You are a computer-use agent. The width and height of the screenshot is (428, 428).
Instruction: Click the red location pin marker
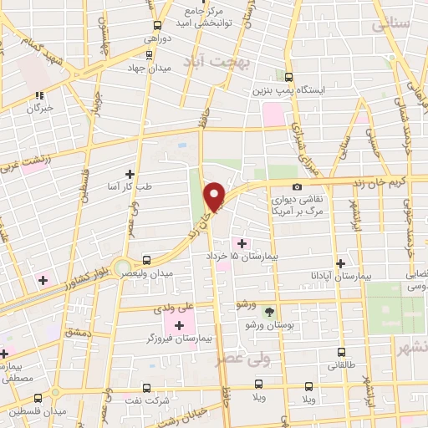click(x=215, y=196)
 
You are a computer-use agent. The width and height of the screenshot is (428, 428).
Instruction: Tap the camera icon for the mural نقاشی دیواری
click(x=297, y=187)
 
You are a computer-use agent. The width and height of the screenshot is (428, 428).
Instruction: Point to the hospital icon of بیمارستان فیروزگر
click(x=179, y=324)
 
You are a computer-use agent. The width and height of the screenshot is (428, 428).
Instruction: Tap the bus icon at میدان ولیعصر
click(x=147, y=260)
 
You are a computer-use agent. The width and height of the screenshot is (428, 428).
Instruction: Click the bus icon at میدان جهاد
click(x=149, y=54)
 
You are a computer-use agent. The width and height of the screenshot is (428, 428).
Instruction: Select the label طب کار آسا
click(x=125, y=187)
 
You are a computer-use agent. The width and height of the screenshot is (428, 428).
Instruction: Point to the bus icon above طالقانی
click(x=341, y=352)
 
